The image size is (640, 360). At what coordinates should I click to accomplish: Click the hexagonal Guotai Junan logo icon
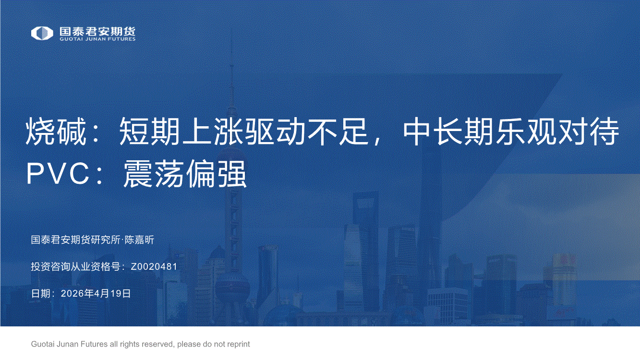pos(42,33)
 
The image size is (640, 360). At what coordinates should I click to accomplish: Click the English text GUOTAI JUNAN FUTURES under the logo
pos(97,39)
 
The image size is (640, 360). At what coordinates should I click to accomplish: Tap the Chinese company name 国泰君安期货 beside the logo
pos(97,31)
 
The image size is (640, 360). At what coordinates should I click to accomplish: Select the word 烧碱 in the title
pos(56,132)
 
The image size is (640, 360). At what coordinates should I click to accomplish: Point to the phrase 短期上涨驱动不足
pos(243,132)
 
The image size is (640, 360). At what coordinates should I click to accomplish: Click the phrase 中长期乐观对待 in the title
pos(511,132)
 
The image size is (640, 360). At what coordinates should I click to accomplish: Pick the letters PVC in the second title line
pos(58,173)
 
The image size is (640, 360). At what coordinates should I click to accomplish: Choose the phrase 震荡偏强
pos(185,173)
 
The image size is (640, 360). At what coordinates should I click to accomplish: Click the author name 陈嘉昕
pos(139,240)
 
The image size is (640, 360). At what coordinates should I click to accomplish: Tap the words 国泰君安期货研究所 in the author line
pos(76,240)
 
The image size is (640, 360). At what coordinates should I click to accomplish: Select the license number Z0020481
pos(154,266)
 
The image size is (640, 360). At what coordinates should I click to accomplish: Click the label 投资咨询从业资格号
pos(76,266)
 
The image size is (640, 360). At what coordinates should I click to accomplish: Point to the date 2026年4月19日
pos(96,293)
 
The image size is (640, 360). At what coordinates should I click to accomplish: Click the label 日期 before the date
pos(41,293)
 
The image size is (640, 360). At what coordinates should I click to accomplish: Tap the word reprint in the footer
pos(238,344)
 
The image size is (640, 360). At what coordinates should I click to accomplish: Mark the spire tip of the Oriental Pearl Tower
pos(232,31)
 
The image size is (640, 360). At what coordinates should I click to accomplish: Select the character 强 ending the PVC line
pos(232,173)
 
